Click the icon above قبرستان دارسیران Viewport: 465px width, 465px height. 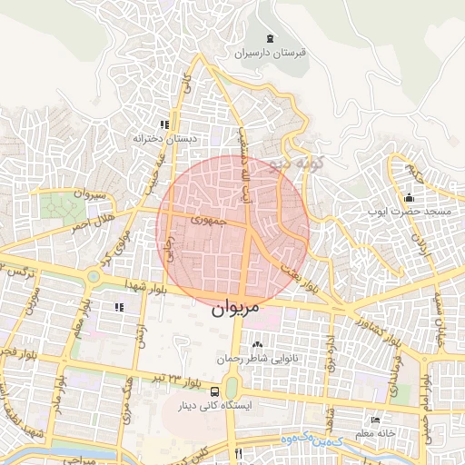(x=271, y=37)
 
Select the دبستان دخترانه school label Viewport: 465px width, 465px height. (x=164, y=139)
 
